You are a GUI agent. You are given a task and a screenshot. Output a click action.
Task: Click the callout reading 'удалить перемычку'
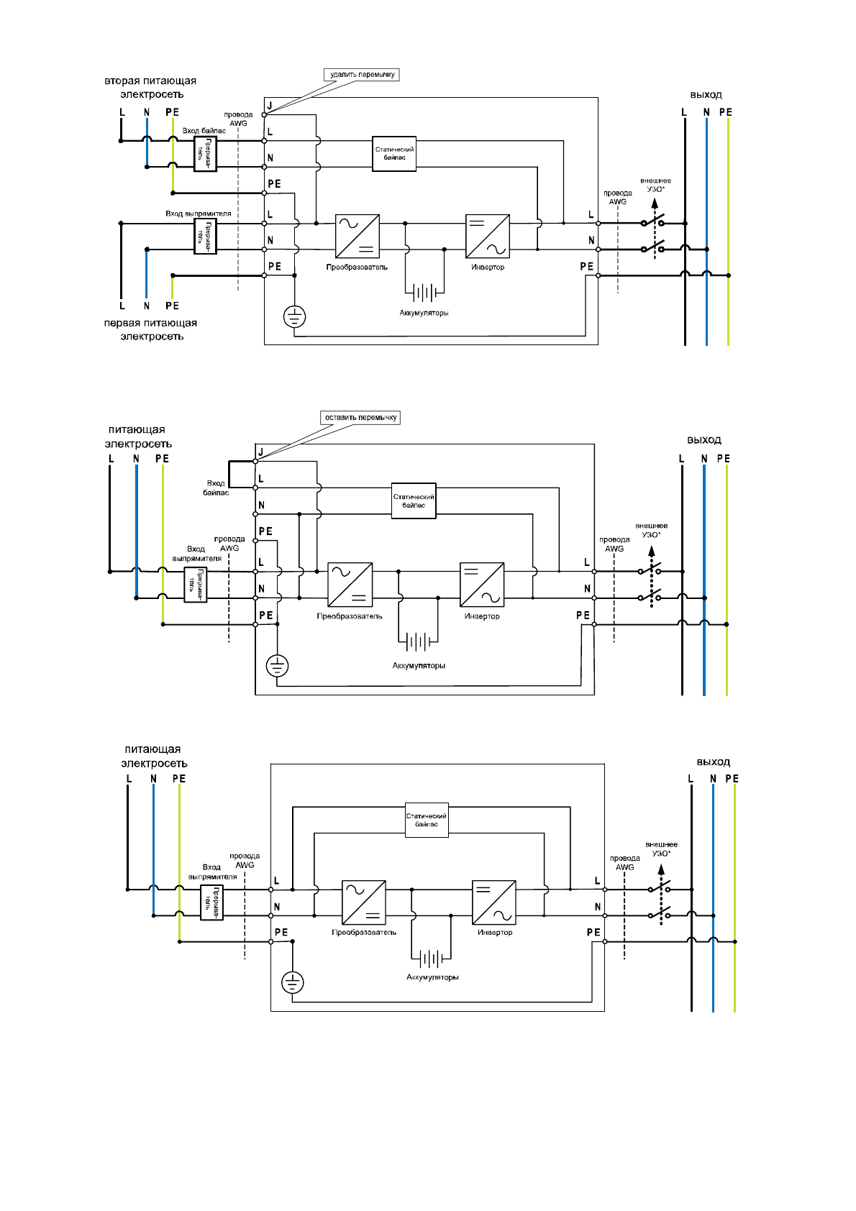point(362,74)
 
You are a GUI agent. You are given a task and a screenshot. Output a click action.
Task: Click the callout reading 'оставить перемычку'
point(360,417)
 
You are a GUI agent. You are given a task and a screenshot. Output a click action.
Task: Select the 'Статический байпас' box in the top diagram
point(394,153)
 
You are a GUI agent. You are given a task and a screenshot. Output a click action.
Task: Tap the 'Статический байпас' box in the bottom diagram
point(427,820)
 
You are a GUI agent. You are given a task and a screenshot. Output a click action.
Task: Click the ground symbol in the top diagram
point(295,316)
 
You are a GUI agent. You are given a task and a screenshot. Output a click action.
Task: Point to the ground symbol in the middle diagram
point(277,666)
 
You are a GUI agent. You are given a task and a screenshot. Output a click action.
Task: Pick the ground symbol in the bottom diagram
point(292,982)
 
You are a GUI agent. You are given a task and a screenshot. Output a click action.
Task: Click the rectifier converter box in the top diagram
point(358,237)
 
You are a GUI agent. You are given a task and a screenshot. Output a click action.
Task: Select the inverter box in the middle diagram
point(482,585)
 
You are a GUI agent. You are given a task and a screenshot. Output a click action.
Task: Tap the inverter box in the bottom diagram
point(494,902)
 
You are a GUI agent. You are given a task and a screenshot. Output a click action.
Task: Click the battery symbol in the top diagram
point(424,292)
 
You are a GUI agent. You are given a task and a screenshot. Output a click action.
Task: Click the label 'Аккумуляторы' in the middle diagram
point(419,666)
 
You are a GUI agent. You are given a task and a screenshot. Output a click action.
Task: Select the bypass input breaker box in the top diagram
point(205,154)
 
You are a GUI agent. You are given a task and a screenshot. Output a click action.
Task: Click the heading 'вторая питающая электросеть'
point(150,88)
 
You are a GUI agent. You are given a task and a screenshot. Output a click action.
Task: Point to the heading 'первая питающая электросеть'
point(150,329)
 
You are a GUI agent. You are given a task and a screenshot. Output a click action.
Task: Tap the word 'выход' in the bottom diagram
point(713,762)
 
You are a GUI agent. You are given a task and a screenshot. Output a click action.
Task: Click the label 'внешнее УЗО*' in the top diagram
point(655,185)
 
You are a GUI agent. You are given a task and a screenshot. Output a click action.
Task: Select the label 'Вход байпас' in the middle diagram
point(216,488)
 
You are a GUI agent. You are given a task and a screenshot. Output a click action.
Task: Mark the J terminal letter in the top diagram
point(269,106)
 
